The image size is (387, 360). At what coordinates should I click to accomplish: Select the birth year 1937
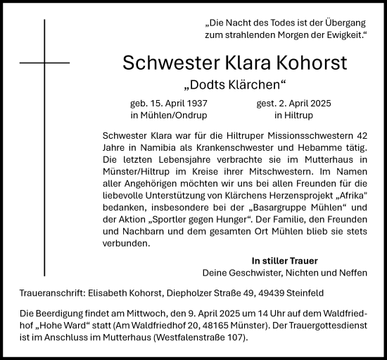pos(193,103)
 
